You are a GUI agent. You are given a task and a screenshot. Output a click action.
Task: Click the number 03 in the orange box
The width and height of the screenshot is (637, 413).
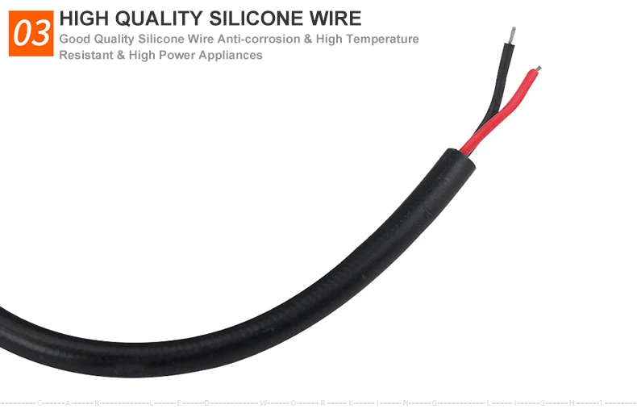[x=31, y=34]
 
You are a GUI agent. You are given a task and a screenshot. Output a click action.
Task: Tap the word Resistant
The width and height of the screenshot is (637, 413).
[x=85, y=55]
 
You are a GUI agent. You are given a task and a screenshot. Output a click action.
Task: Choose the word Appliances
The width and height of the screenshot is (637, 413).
[x=235, y=55]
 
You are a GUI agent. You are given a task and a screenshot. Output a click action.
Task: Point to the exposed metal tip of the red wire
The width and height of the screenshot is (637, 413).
[x=538, y=69]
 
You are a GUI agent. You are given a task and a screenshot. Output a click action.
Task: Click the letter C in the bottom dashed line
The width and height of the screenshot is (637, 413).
[x=40, y=402]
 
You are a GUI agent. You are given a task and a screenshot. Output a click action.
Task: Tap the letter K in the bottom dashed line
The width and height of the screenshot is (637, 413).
[x=351, y=402]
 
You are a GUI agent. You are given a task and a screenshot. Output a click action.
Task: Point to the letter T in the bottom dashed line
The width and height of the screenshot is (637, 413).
[x=601, y=402]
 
